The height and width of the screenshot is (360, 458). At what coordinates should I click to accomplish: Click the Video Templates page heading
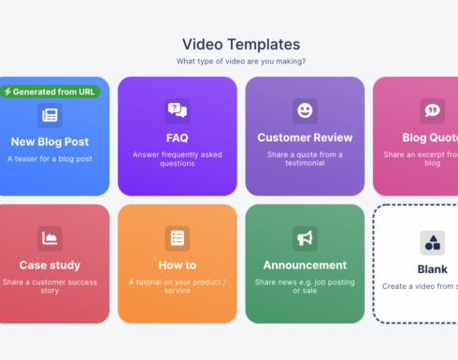coord(241,44)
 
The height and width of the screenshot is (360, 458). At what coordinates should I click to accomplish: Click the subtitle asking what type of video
coord(241,61)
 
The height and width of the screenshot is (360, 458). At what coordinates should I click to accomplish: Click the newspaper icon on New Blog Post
coord(50,115)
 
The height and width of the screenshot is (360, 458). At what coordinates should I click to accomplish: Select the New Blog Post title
coord(50,141)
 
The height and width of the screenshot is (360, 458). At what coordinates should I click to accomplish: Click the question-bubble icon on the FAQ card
coord(177,111)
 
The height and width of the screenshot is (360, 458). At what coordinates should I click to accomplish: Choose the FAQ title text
coord(177,137)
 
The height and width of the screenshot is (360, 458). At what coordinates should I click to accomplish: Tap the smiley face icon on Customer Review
coord(305,111)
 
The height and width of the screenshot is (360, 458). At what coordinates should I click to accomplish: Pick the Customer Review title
coord(305,137)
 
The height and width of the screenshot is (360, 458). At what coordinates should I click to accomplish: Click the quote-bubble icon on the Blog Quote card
coord(432,111)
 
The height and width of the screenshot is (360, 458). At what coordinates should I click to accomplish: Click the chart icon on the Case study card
coord(50,238)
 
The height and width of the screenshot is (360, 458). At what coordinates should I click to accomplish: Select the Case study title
coord(50,265)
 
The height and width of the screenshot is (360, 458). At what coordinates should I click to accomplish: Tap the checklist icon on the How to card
coord(177,238)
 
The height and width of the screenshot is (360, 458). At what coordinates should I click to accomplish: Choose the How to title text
coord(177,265)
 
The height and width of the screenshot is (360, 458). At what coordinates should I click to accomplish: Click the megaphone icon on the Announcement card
coord(305,238)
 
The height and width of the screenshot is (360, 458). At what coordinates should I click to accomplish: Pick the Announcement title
coord(305,265)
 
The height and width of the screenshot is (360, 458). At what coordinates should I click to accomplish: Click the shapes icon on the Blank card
coord(432,243)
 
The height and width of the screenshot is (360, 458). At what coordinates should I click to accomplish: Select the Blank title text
coord(432,269)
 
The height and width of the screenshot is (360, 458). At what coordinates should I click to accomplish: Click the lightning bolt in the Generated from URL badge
coord(8,92)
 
